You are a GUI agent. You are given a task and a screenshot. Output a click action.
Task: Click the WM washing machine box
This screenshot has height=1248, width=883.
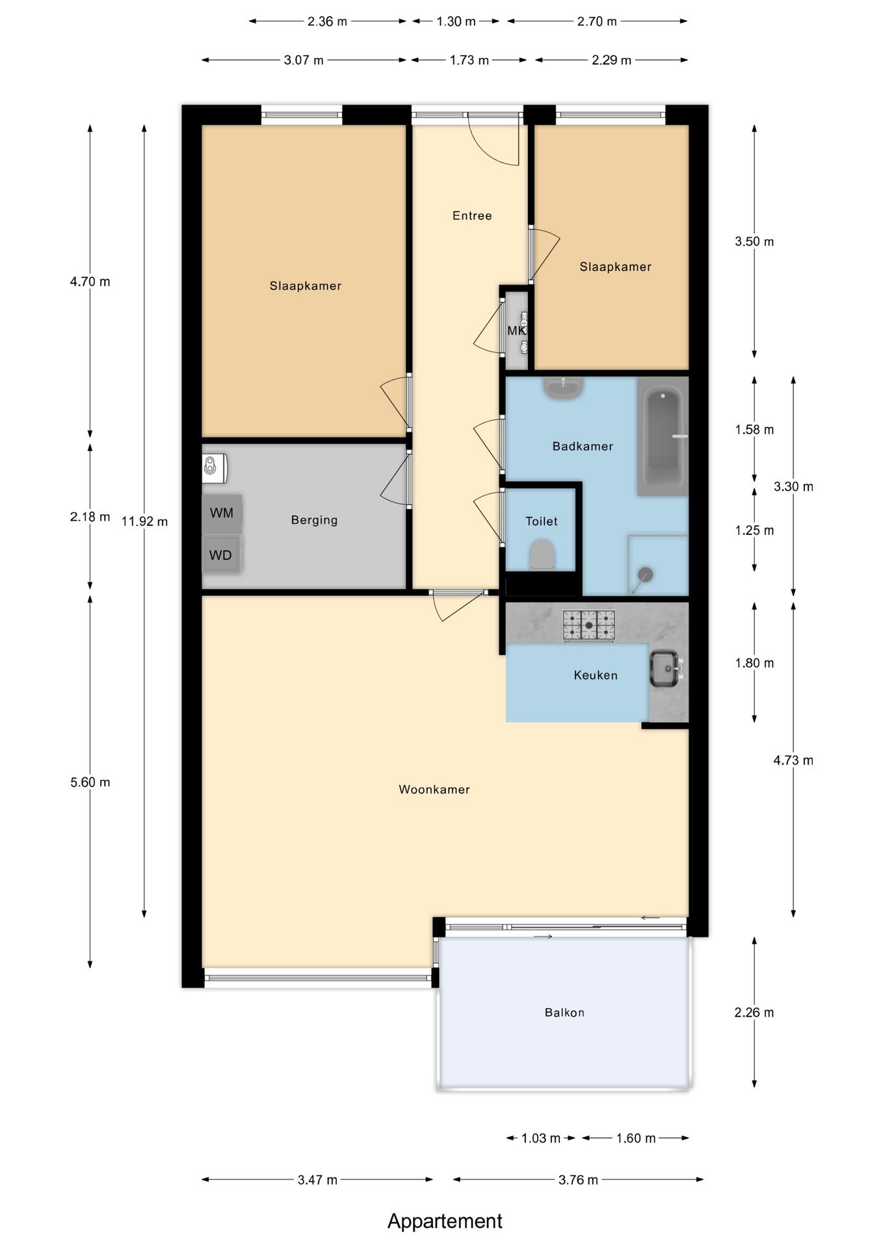[x=222, y=513]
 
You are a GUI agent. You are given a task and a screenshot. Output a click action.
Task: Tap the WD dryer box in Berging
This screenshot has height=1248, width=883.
[x=222, y=554]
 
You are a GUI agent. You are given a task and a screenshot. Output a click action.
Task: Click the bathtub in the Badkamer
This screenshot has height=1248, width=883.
[x=663, y=436]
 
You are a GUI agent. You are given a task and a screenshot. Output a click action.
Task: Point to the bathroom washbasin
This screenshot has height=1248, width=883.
[x=563, y=388]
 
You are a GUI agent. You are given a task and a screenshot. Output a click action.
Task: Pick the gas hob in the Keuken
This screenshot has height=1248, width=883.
[x=589, y=625]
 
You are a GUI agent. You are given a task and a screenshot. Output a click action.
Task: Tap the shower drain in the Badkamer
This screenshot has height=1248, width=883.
[x=644, y=575]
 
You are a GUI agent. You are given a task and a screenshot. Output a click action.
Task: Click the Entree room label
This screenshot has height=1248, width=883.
[x=472, y=216]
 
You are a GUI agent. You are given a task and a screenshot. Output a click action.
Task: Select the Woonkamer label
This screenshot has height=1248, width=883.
[x=434, y=790]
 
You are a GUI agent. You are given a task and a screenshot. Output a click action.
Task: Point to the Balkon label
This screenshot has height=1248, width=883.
[x=564, y=1013]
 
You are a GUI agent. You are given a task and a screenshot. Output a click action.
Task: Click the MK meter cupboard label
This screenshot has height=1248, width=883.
[x=516, y=331]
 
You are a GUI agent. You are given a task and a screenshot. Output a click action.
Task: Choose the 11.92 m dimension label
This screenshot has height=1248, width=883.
[x=144, y=521]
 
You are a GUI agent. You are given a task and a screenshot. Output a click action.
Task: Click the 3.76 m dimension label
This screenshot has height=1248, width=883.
[x=578, y=1180]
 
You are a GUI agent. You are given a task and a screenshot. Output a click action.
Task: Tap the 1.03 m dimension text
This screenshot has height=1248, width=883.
[x=541, y=1138]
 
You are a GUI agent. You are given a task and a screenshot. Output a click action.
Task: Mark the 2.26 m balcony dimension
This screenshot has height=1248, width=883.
[x=754, y=1013]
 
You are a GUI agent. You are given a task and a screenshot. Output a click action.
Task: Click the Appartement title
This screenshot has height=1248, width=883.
[x=445, y=1221]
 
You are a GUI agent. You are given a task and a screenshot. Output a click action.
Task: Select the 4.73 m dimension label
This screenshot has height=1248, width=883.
[x=793, y=760]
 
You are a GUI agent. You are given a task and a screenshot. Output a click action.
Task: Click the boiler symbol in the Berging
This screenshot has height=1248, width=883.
[x=214, y=467]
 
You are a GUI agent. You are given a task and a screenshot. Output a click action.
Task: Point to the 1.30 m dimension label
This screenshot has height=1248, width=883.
[x=456, y=21]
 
